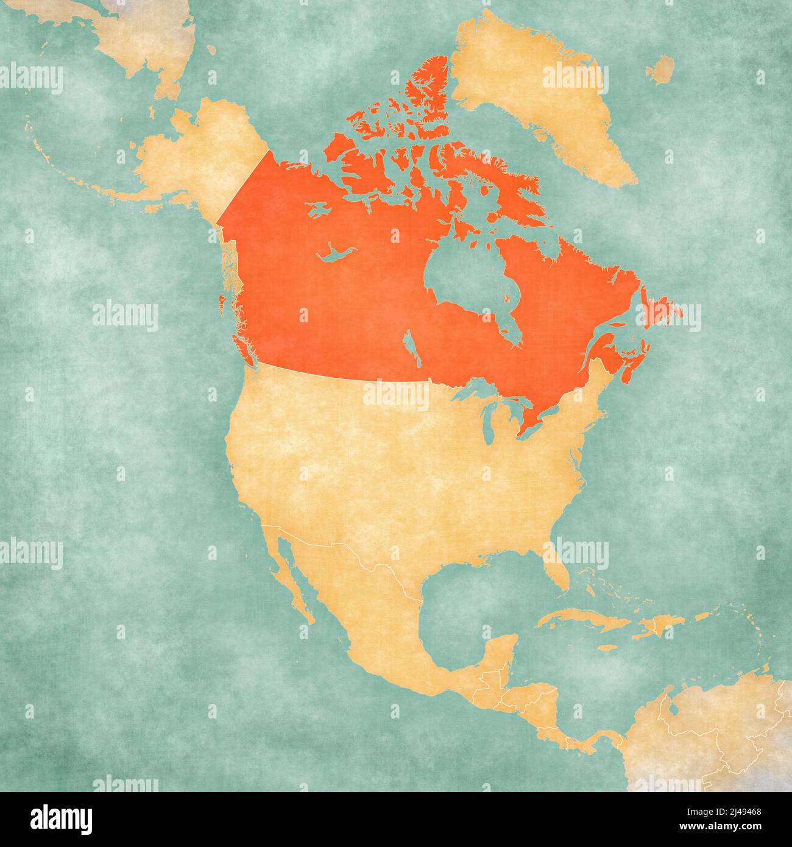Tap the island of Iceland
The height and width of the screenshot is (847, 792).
coord(660,69)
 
